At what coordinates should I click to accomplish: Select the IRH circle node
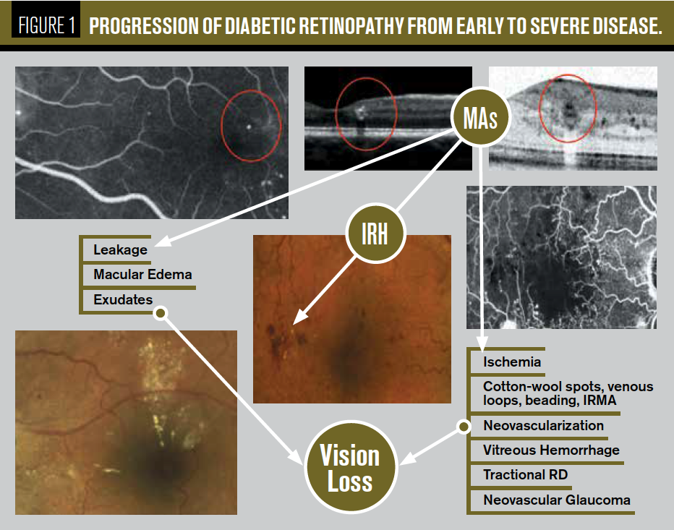click(x=374, y=235)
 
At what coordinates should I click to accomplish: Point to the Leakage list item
click(x=120, y=250)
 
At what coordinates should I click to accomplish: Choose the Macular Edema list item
click(x=142, y=275)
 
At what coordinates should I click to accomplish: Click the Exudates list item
click(x=122, y=299)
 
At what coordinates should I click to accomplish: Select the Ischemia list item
click(x=512, y=361)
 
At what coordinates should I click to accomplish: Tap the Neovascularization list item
click(x=543, y=425)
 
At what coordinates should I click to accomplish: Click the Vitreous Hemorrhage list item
click(x=551, y=450)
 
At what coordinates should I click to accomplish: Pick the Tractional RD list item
click(x=525, y=474)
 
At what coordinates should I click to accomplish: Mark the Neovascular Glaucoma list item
click(x=556, y=500)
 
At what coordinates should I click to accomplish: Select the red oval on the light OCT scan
click(x=568, y=108)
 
